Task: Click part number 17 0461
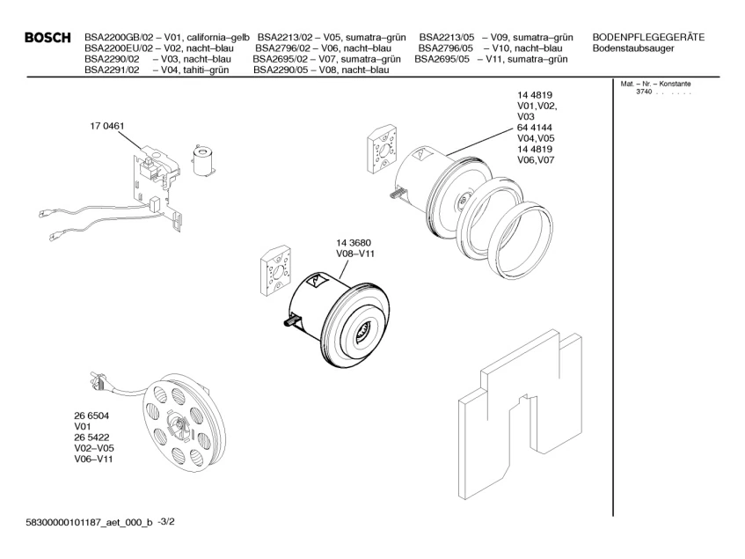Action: pos(106,126)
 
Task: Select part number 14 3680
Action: pos(354,243)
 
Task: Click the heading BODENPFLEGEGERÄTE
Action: pos(648,36)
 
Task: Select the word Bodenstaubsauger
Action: pos(635,48)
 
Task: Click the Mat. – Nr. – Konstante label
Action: pos(656,84)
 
